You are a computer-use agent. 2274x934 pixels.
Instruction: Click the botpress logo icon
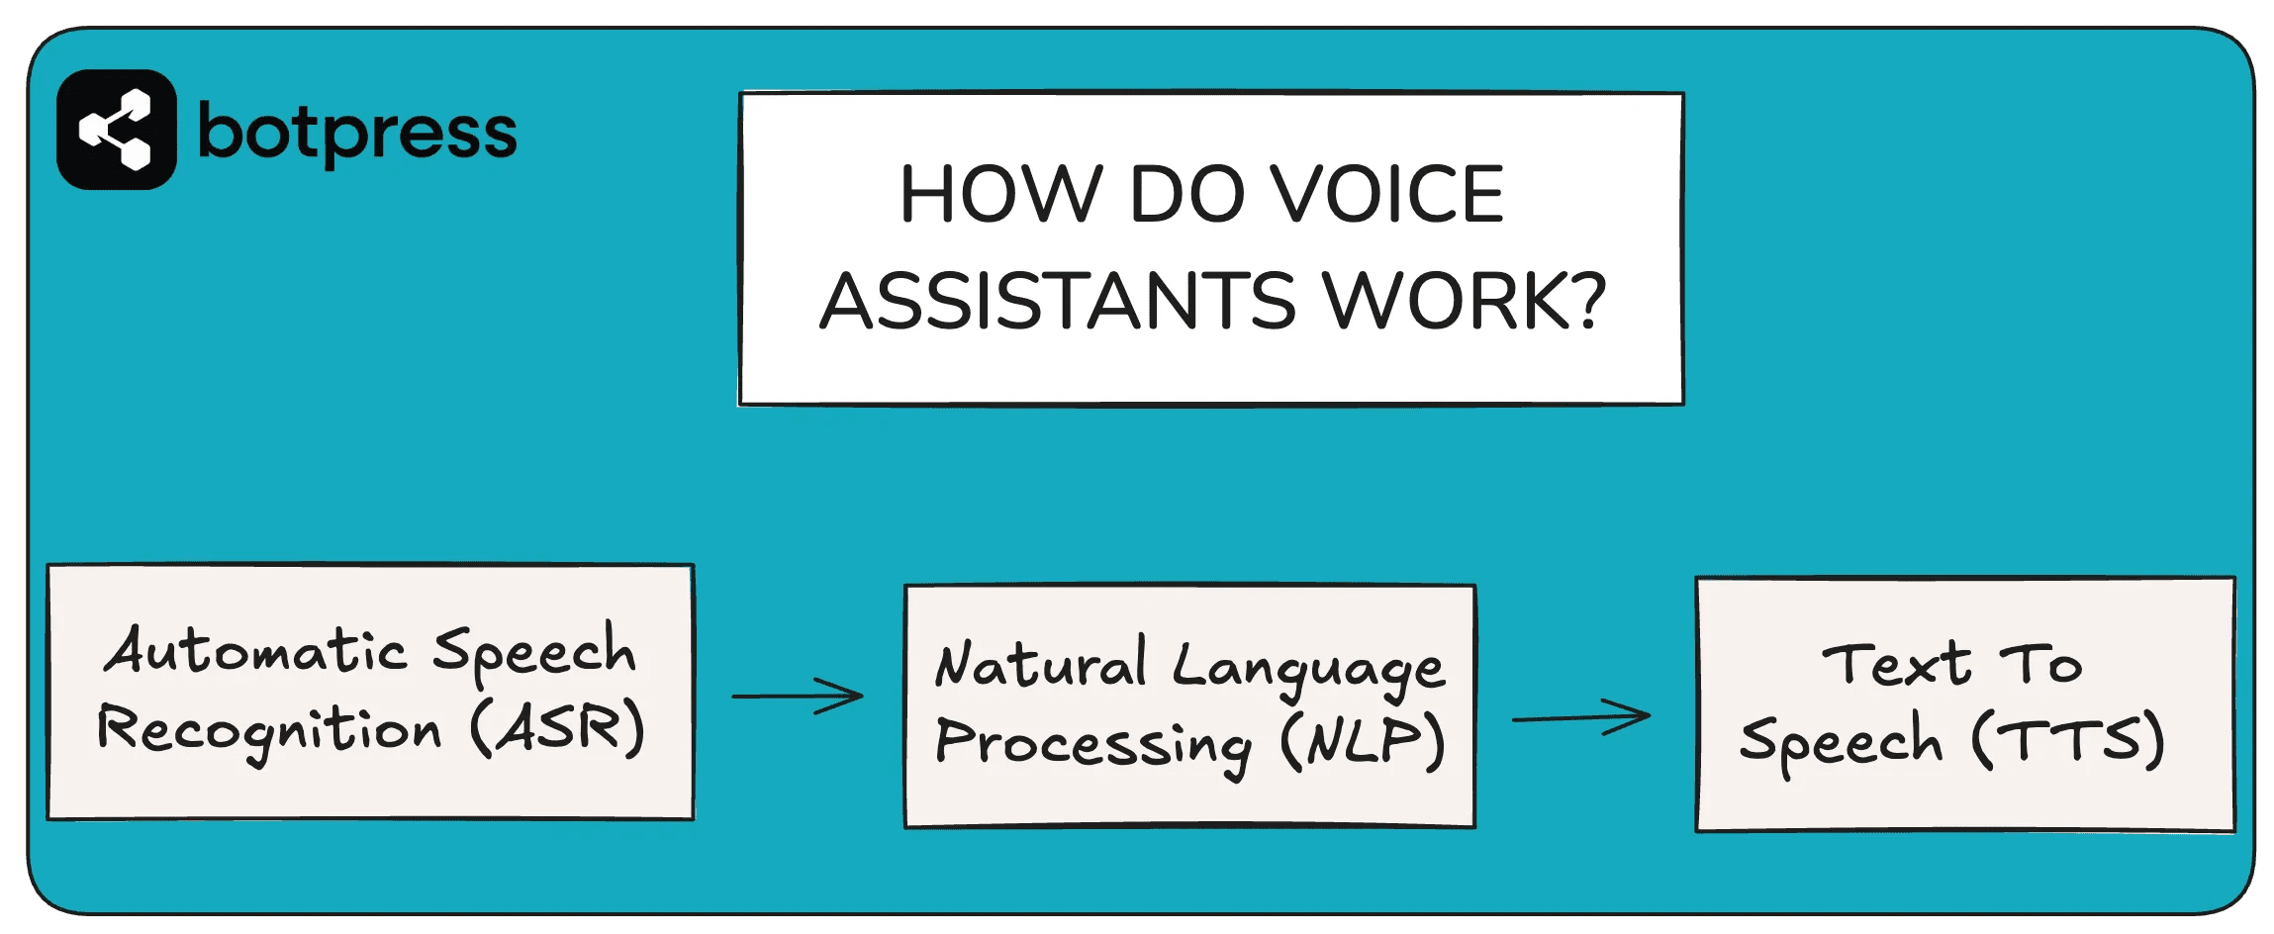coord(117,130)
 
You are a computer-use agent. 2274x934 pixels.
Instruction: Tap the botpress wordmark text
coord(357,134)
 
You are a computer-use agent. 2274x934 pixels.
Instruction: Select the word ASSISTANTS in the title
coord(1058,301)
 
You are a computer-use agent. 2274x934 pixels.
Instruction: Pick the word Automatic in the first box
coord(255,652)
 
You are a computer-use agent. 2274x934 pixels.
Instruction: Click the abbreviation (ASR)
coord(557,728)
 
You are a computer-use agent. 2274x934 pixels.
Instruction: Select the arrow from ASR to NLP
coord(798,696)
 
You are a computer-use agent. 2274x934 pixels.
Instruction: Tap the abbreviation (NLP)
coord(1363,742)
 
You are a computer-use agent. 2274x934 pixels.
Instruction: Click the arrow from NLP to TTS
coord(1581,716)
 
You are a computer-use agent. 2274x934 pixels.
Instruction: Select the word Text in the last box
coord(1896,663)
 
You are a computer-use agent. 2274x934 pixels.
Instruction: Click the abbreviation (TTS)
coord(2068,740)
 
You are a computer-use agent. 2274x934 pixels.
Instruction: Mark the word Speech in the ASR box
coord(534,652)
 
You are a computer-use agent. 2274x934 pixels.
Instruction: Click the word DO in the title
coord(1186,194)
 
